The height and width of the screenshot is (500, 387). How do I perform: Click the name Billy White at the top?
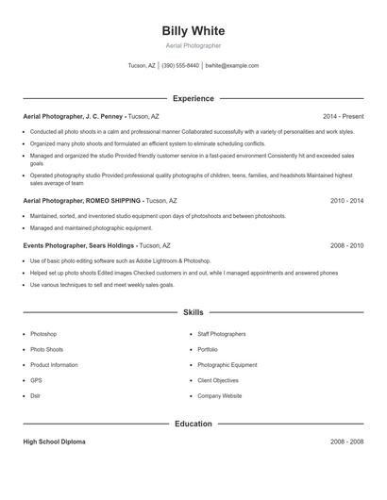point(193,31)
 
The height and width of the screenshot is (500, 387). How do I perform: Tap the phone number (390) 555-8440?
point(180,66)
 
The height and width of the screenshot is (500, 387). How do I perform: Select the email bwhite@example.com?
point(231,66)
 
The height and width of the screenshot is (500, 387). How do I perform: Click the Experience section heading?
point(193,98)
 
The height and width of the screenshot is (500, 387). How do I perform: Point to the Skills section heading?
point(193,311)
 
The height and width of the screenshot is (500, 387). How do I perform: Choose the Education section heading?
point(193,424)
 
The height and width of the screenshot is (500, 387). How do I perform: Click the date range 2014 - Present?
point(343,116)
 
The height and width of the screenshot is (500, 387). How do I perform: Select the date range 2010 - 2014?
point(346,201)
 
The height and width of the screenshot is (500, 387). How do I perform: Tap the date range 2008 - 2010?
point(346,245)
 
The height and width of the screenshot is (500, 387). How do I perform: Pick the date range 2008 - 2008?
point(346,442)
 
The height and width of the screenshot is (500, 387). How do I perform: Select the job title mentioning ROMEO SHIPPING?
point(82,201)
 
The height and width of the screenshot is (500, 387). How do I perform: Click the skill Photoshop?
point(43,334)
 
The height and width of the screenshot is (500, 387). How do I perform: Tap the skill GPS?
point(36,380)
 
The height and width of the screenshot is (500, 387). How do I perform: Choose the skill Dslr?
point(36,395)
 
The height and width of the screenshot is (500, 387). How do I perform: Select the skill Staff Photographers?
point(221,334)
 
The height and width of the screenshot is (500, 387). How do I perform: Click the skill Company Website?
point(219,395)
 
